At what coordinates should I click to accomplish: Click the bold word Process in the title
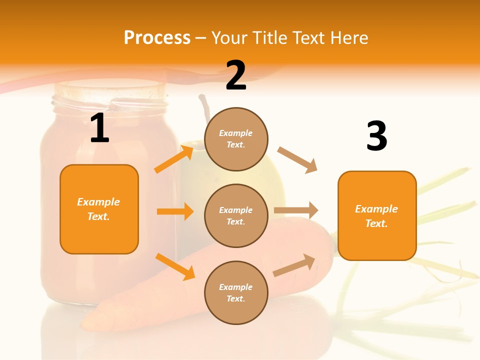point(157,37)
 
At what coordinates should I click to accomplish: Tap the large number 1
point(99,128)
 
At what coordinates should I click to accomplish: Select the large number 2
point(236,75)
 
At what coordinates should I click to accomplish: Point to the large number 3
point(376,136)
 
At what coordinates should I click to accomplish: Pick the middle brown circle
point(236,216)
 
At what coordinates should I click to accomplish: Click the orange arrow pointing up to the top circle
point(174,158)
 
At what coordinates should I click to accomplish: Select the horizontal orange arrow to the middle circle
point(175,211)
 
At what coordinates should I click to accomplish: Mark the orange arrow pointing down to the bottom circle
point(175,266)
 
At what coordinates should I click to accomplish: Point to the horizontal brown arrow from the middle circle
point(296,210)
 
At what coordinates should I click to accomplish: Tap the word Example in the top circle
point(236,133)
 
